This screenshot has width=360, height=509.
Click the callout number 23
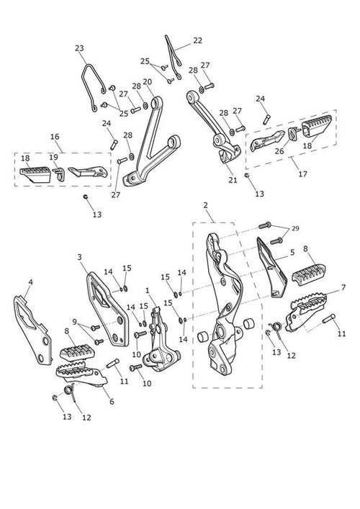coord(79,48)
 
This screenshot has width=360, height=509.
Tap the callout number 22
coord(197,40)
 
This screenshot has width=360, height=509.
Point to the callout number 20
coord(148,81)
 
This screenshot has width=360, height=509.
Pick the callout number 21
coord(233,180)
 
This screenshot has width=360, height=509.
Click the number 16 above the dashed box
coord(55,137)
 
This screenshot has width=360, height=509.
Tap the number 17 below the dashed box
coord(302,174)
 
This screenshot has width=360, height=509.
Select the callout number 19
coord(53,157)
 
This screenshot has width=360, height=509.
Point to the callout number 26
coord(279,151)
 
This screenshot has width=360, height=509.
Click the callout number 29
coord(295,228)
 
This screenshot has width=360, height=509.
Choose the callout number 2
coord(205,205)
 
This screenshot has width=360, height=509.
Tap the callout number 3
coord(79,257)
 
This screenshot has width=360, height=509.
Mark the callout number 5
coord(292,252)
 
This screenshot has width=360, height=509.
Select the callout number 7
coord(343,287)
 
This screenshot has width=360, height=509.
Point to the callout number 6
coord(112,402)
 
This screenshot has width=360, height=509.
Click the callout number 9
coord(75,322)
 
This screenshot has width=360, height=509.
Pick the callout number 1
coord(148,290)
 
